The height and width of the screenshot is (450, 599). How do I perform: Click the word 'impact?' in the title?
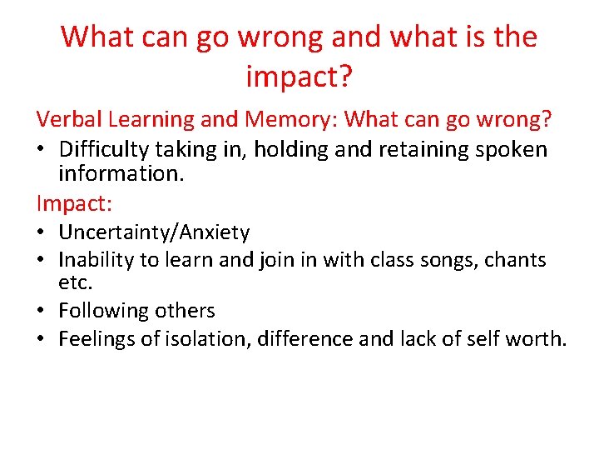(x=299, y=77)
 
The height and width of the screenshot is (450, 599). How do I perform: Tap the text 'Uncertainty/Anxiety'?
(x=153, y=232)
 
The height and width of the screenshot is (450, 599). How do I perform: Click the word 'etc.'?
(x=75, y=282)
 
